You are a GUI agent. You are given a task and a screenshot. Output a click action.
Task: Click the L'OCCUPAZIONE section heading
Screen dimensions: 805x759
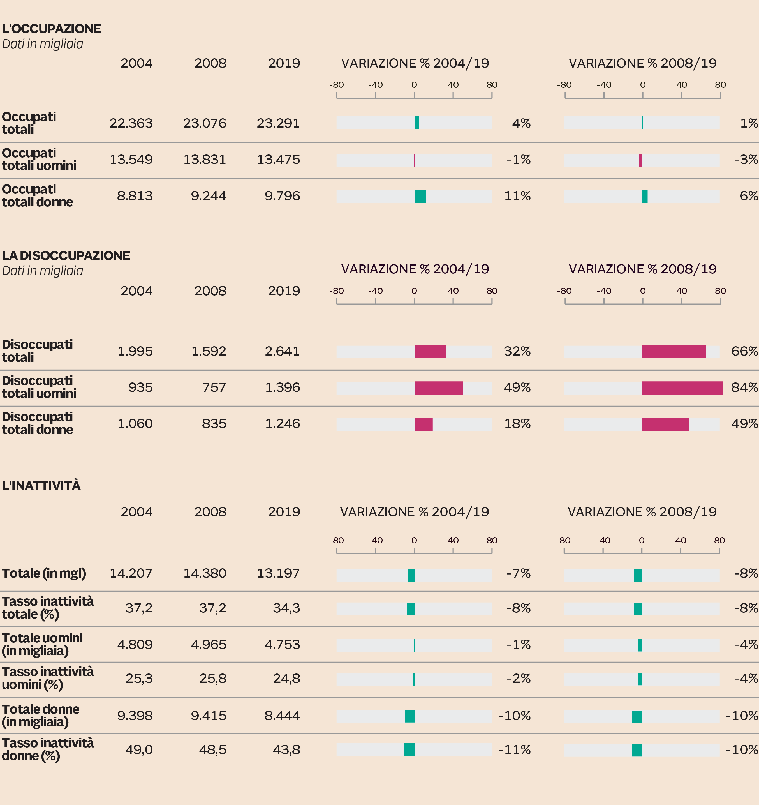click(x=51, y=29)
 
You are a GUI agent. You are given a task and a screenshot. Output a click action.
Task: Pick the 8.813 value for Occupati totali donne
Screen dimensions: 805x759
click(x=135, y=196)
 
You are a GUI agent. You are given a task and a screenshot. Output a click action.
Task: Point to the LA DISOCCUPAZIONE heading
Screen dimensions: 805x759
click(x=66, y=255)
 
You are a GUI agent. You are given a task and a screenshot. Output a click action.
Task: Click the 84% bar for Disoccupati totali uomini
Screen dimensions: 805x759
click(x=682, y=388)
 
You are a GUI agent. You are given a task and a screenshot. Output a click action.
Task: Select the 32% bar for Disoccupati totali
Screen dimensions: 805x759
click(x=430, y=352)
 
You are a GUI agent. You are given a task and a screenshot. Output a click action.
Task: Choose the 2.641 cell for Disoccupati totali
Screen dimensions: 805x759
click(x=282, y=351)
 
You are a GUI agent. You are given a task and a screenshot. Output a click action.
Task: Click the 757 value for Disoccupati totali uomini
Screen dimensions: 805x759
click(x=214, y=387)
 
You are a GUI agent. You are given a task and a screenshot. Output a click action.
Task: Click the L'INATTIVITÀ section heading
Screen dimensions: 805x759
click(x=41, y=486)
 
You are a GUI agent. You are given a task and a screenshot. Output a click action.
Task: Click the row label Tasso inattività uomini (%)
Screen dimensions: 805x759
click(x=48, y=678)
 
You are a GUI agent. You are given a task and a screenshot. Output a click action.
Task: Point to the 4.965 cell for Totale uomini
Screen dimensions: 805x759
click(x=209, y=644)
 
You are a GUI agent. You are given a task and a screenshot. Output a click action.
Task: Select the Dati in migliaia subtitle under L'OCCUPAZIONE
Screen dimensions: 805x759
click(x=43, y=44)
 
